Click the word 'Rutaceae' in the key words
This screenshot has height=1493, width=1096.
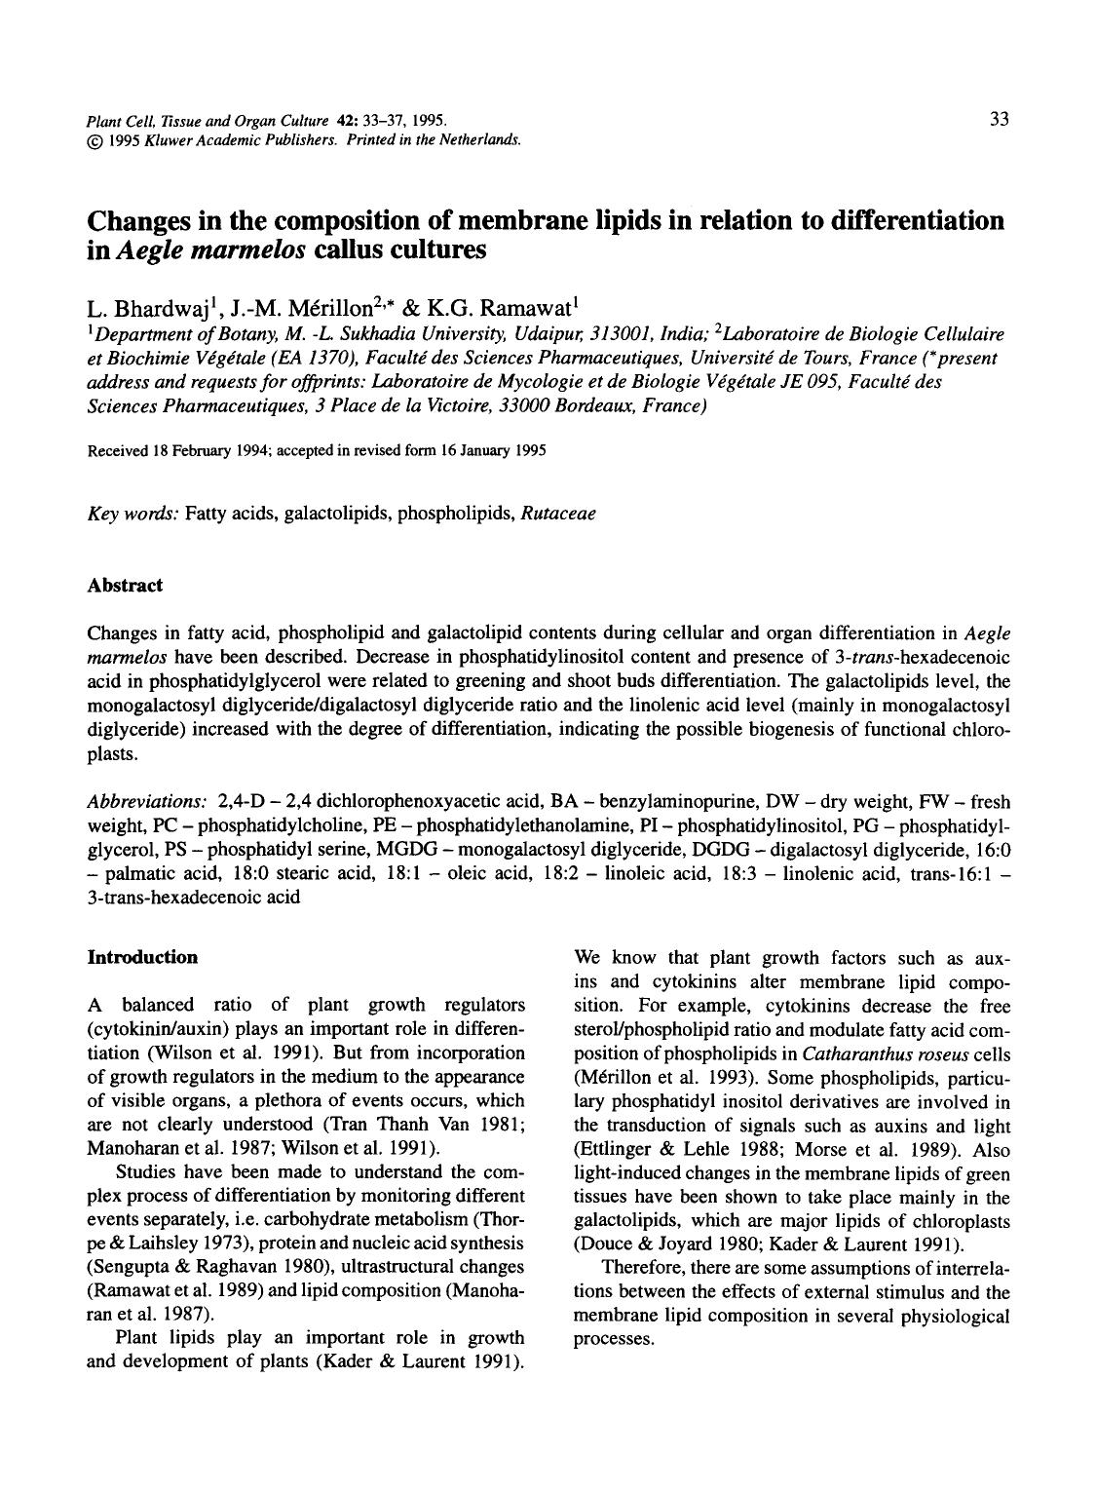click(558, 513)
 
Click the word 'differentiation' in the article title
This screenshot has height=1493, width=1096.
click(917, 220)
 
